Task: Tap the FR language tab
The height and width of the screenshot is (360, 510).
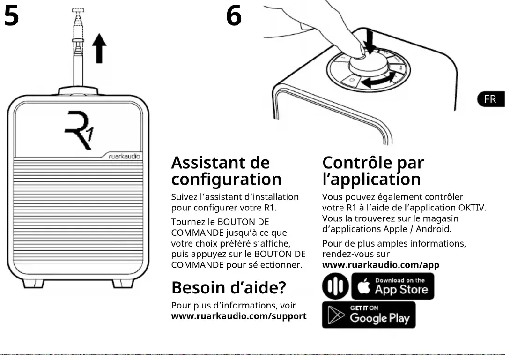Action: [490, 99]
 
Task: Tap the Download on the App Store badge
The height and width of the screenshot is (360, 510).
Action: [393, 286]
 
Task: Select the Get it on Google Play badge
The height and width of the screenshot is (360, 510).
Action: [369, 315]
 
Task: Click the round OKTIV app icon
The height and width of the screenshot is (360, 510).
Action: [335, 286]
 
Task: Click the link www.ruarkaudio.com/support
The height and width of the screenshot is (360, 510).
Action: [239, 316]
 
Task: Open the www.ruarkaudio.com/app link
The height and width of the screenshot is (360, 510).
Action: [381, 265]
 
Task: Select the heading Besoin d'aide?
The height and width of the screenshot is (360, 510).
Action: [229, 287]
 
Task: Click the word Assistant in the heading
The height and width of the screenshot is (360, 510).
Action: [207, 163]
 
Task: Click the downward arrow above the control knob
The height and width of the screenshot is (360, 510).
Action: [370, 44]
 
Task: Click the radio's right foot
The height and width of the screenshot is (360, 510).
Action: [123, 283]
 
